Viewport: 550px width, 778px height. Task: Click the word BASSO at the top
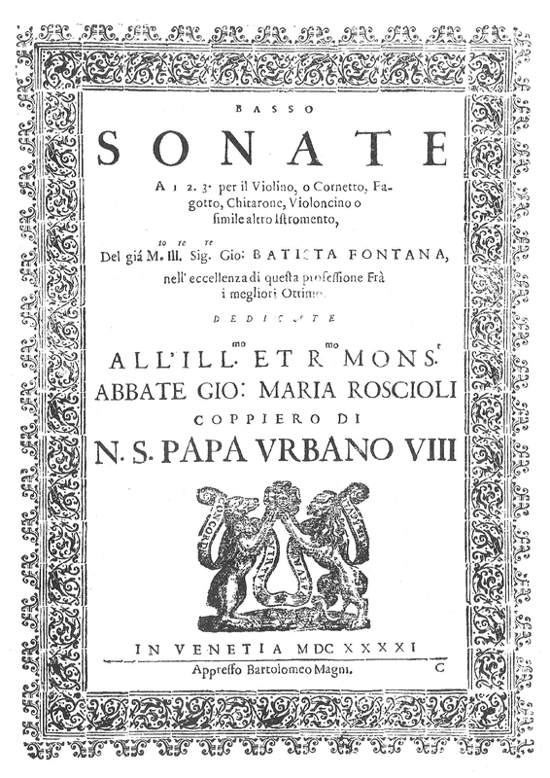274,113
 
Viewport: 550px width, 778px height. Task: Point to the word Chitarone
233,204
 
